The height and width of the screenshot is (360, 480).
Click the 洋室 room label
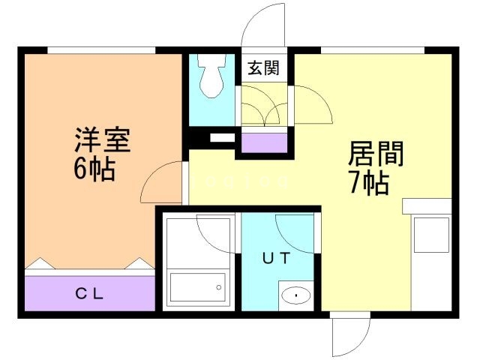102,140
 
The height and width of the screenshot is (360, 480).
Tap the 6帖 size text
94,169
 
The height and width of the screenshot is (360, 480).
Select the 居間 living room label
376,154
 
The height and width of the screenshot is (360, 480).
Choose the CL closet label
90,292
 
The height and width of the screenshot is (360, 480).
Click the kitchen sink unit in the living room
430,234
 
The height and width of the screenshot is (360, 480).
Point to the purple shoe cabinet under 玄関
262,141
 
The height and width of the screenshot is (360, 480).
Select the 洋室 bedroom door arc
162,181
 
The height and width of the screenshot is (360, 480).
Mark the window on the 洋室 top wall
101,50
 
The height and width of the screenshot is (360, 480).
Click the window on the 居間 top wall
372,50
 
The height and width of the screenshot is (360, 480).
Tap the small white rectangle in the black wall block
222,138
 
